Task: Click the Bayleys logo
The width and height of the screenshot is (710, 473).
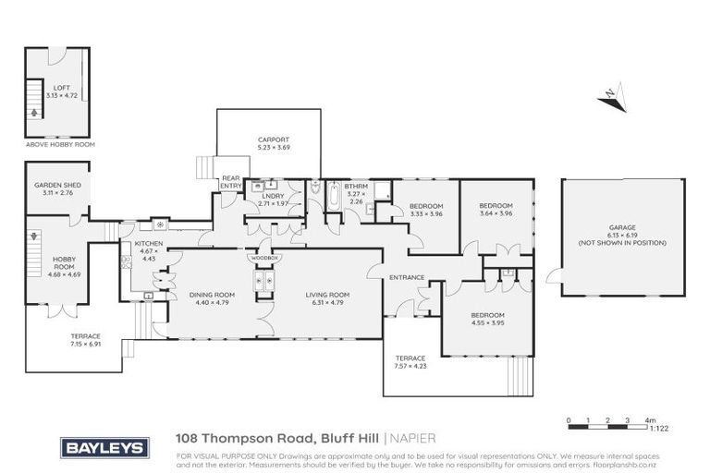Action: click(x=104, y=448)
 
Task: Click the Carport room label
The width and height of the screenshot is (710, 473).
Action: click(x=273, y=144)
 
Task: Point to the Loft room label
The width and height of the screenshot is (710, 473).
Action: click(x=60, y=91)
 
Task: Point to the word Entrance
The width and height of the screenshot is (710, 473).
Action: click(x=407, y=277)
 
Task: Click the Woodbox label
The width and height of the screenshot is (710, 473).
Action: click(x=265, y=258)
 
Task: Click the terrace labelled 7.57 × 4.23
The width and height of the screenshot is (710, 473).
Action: click(x=410, y=362)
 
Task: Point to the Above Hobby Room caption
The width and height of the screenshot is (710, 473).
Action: click(x=60, y=144)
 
